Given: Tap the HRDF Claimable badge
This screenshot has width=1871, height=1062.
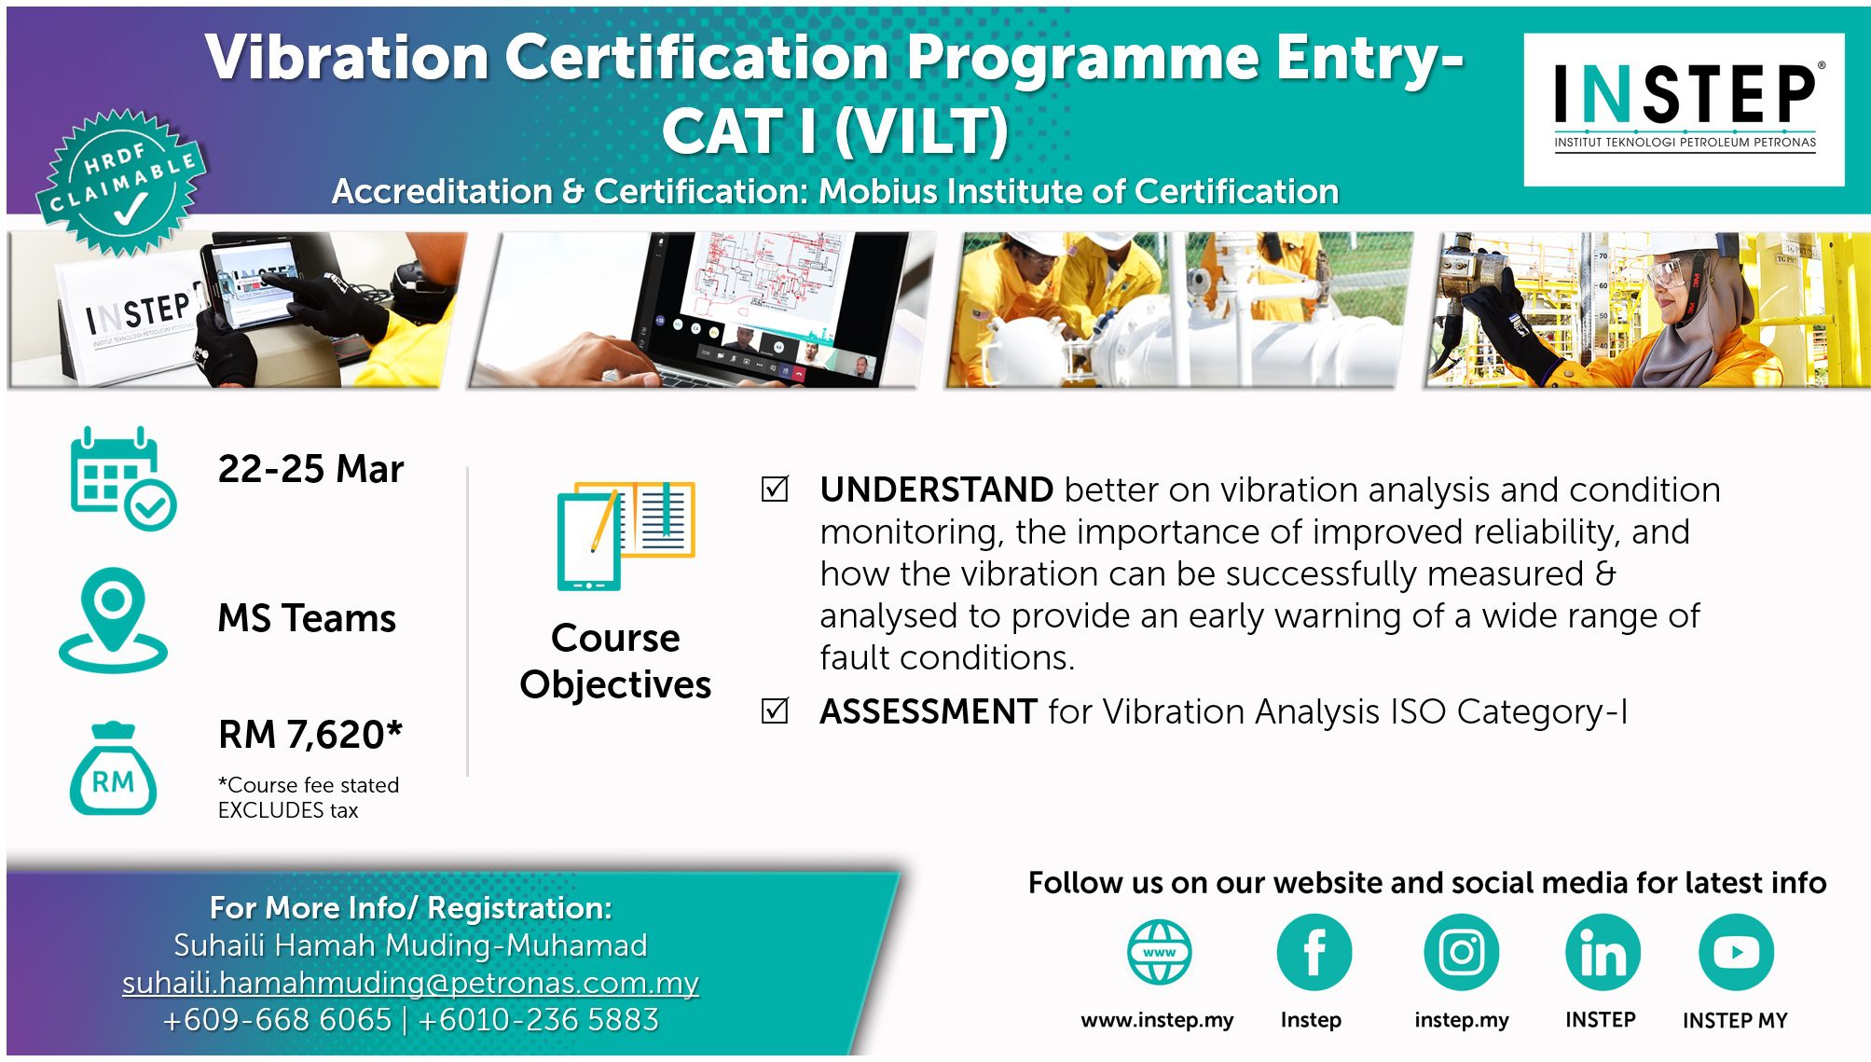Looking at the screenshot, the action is click(x=122, y=183).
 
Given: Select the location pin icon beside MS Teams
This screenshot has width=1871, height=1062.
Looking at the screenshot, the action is click(x=113, y=620).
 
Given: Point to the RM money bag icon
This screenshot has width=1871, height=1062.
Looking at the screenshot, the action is click(x=113, y=769).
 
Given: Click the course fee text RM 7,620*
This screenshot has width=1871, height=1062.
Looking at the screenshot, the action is click(x=310, y=735).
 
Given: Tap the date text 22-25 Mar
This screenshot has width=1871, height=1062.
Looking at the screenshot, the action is click(x=310, y=468).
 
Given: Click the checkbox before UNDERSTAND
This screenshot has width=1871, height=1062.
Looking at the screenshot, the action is click(x=775, y=489).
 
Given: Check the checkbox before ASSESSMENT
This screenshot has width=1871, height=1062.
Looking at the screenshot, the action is click(x=775, y=710).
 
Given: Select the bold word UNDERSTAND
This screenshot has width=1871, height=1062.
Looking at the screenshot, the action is click(x=936, y=490).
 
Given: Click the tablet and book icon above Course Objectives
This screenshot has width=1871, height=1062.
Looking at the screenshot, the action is click(x=626, y=535).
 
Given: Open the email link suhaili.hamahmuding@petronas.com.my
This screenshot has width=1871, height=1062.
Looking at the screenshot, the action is click(x=410, y=983).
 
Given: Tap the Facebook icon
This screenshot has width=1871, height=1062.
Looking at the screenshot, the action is click(x=1314, y=952).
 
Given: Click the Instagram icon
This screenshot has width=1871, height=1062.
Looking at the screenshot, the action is click(x=1461, y=952).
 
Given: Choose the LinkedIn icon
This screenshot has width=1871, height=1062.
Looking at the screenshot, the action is click(x=1603, y=952).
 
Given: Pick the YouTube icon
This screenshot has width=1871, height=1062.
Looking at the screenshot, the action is click(x=1736, y=952).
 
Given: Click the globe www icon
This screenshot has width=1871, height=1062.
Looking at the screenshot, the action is click(x=1159, y=952).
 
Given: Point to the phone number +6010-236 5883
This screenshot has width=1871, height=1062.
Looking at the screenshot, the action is click(x=539, y=1020).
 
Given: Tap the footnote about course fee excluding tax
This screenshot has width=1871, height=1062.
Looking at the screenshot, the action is click(x=309, y=797).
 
